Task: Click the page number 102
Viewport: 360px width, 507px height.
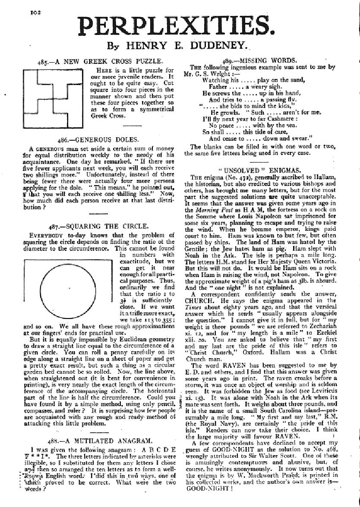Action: point(35,13)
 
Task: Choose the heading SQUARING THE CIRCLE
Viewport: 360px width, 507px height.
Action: point(99,226)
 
